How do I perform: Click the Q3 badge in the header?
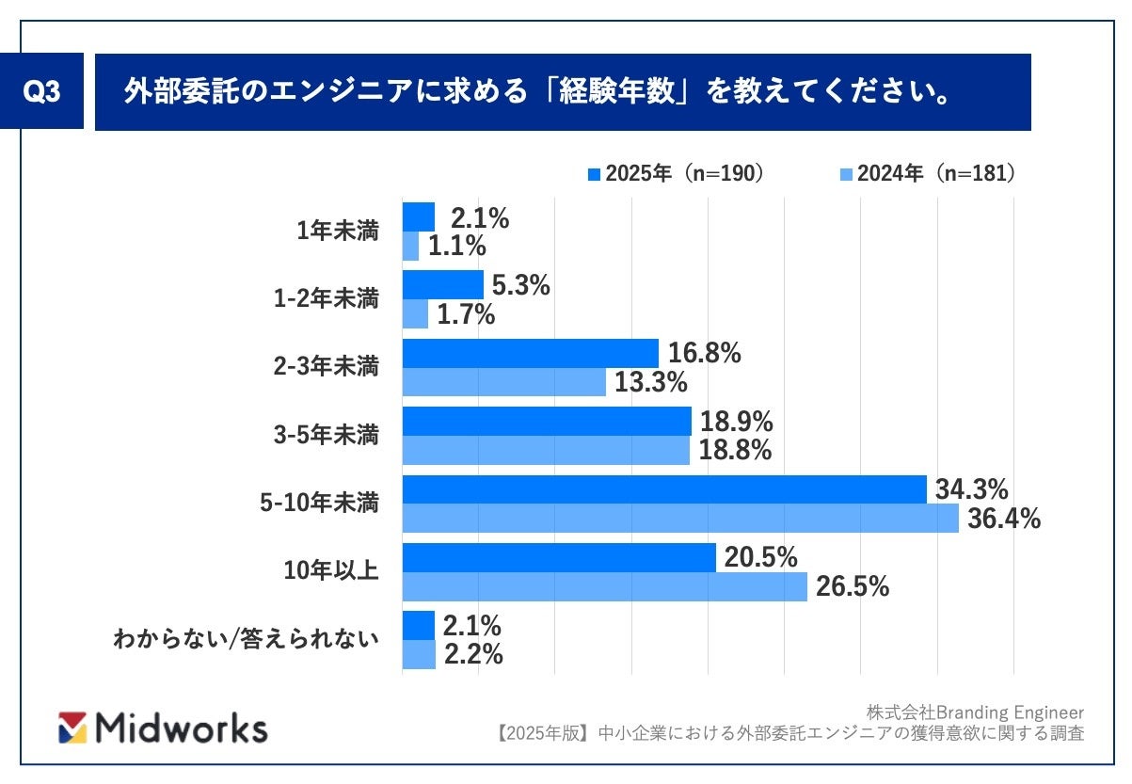click(42, 93)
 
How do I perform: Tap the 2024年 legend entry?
click(927, 174)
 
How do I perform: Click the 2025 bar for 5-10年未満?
click(664, 489)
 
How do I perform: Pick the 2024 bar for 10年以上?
click(604, 586)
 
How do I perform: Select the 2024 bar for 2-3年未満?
click(503, 382)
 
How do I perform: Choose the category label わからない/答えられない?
click(247, 640)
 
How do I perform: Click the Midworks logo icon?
click(72, 727)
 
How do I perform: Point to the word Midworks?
click(182, 728)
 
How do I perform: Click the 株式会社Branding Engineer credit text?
click(976, 712)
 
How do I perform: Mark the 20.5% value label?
click(760, 558)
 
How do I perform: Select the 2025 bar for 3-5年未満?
click(547, 422)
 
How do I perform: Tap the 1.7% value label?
click(465, 314)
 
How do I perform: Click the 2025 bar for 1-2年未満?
click(442, 285)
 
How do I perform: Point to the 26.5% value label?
click(853, 587)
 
